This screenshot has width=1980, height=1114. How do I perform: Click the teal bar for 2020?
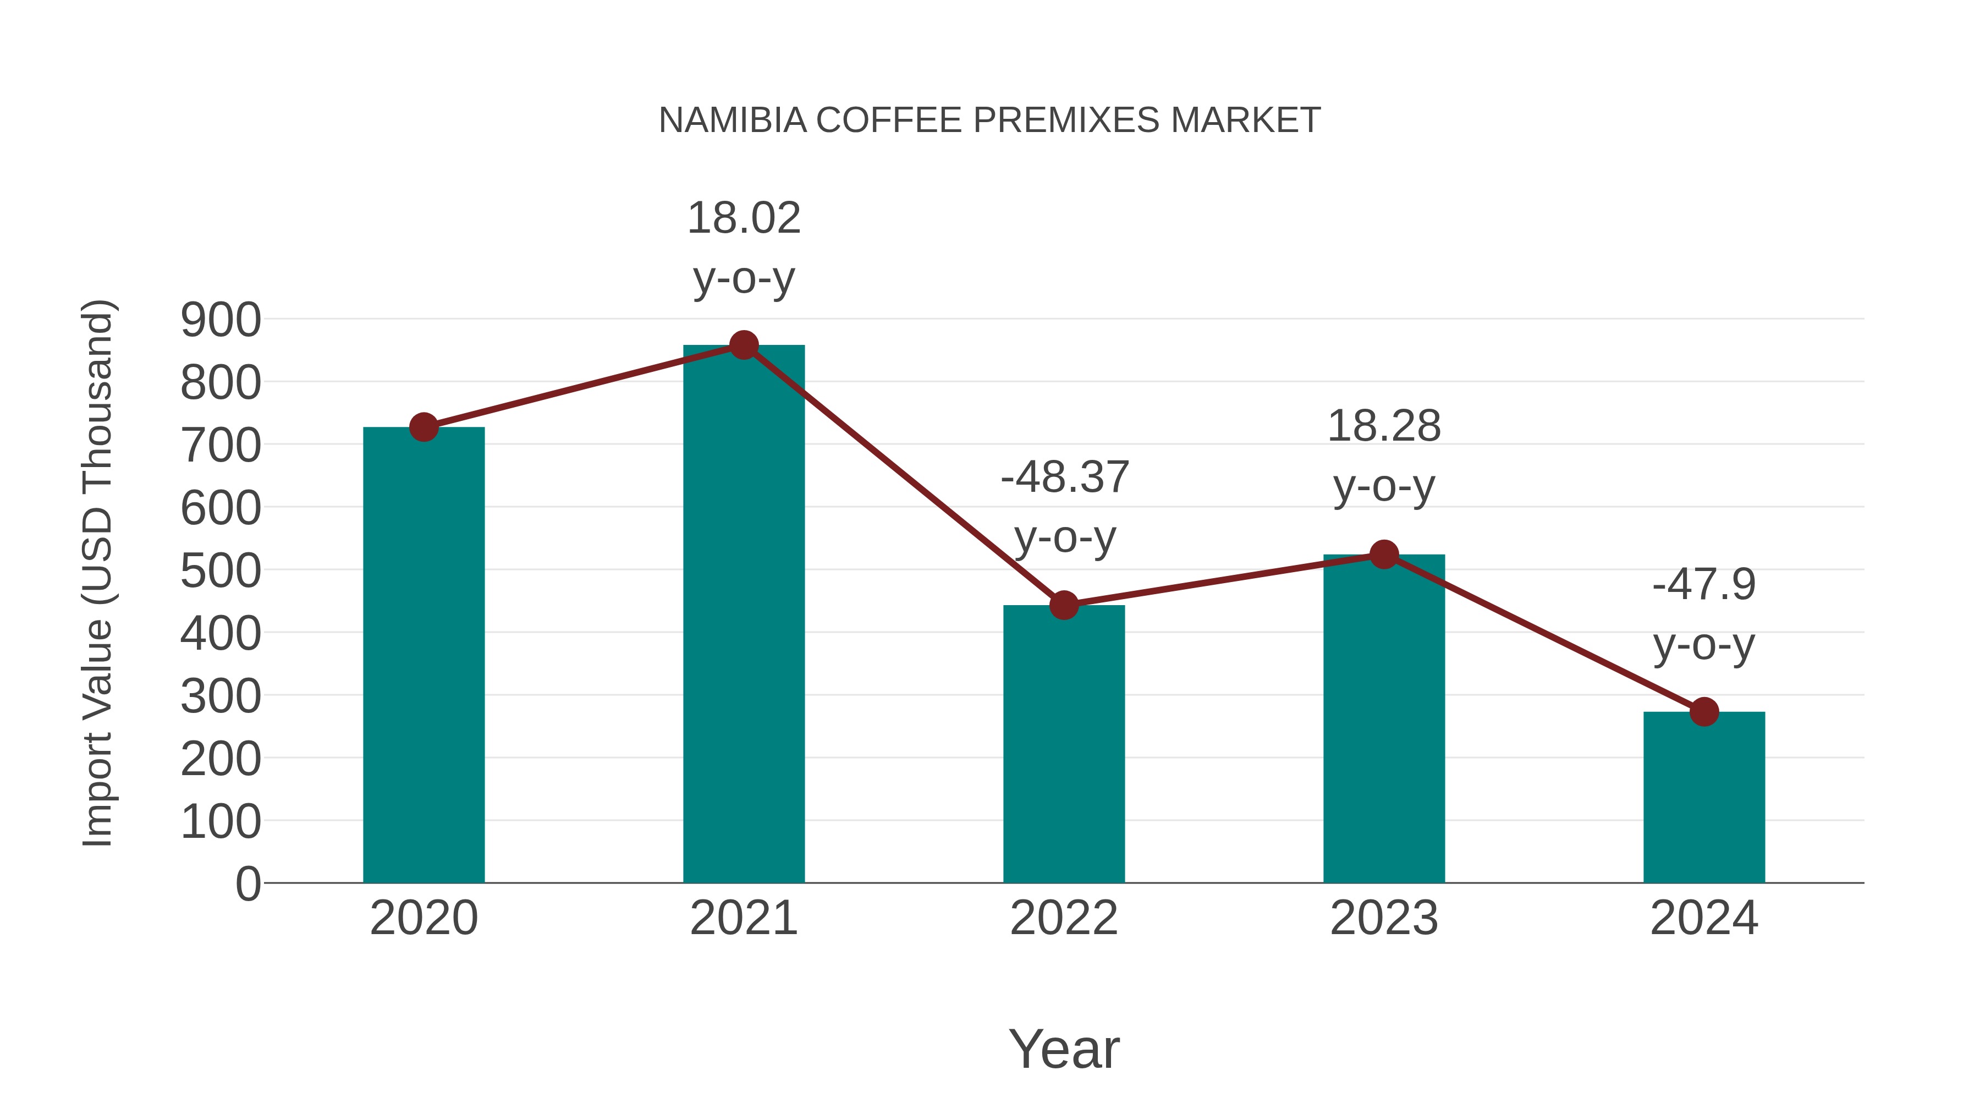[x=424, y=654]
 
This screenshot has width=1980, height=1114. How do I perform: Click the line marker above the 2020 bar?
[x=424, y=427]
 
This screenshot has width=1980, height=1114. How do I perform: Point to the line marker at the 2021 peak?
[x=743, y=345]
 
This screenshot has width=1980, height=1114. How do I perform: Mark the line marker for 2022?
[x=1064, y=605]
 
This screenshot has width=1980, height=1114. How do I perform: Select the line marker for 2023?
[x=1384, y=555]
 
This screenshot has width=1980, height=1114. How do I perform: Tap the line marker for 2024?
[x=1704, y=712]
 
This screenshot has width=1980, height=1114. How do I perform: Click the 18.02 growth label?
[x=743, y=218]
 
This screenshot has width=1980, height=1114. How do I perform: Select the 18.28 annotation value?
[x=1384, y=426]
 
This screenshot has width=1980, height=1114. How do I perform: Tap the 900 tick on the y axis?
[x=221, y=320]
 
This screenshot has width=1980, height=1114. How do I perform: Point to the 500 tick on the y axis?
[x=221, y=571]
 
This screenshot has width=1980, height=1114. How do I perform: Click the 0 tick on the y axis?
[x=248, y=883]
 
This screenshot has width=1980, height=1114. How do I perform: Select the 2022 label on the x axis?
[x=1064, y=918]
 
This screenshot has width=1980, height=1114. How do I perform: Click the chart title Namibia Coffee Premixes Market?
[x=989, y=120]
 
